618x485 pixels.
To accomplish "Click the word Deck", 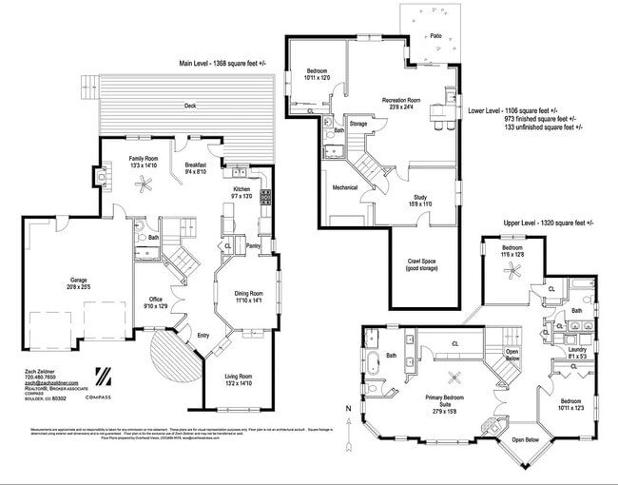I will click(x=190, y=107).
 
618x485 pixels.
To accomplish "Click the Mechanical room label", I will click(x=345, y=187).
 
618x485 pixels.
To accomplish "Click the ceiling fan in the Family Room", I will click(x=144, y=187).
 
